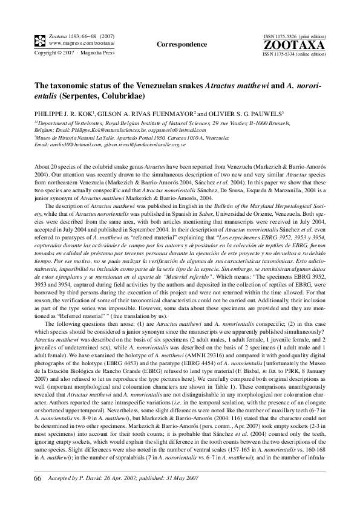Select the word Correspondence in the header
coord(182,44)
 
